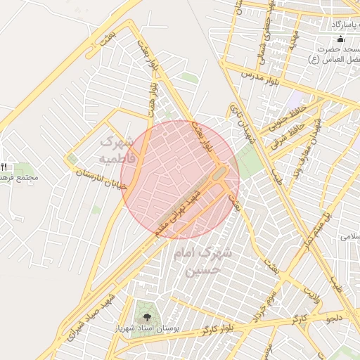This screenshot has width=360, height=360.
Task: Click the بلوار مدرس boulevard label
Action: click(x=262, y=77)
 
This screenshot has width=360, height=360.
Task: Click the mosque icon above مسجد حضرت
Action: click(x=340, y=39)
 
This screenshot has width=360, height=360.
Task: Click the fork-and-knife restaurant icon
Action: click(x=3, y=167)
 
